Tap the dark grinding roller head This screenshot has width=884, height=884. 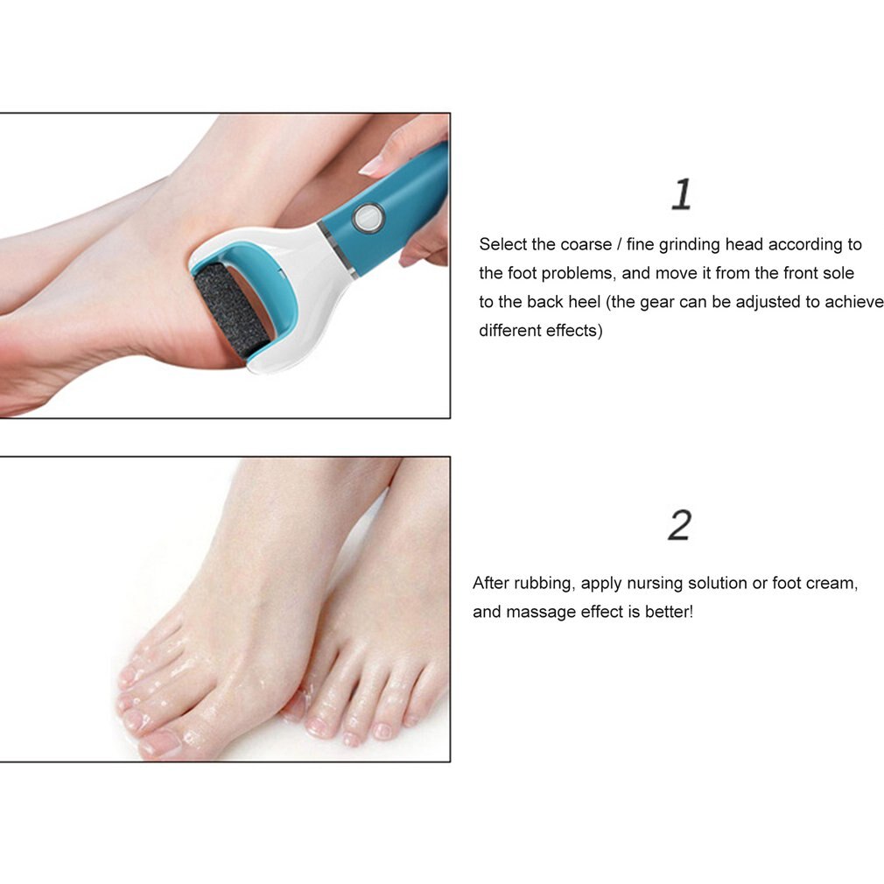(231, 309)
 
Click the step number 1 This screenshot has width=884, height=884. (681, 194)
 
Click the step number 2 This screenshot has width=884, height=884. (679, 525)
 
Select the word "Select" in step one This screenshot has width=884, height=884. (502, 245)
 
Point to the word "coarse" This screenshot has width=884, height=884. (586, 245)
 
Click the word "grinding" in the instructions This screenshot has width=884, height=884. (690, 245)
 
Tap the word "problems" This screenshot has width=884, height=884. (572, 274)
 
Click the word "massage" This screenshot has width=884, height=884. (542, 612)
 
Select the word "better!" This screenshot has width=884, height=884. (669, 612)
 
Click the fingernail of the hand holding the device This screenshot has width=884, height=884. (372, 165)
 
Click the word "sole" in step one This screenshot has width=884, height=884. (838, 274)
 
